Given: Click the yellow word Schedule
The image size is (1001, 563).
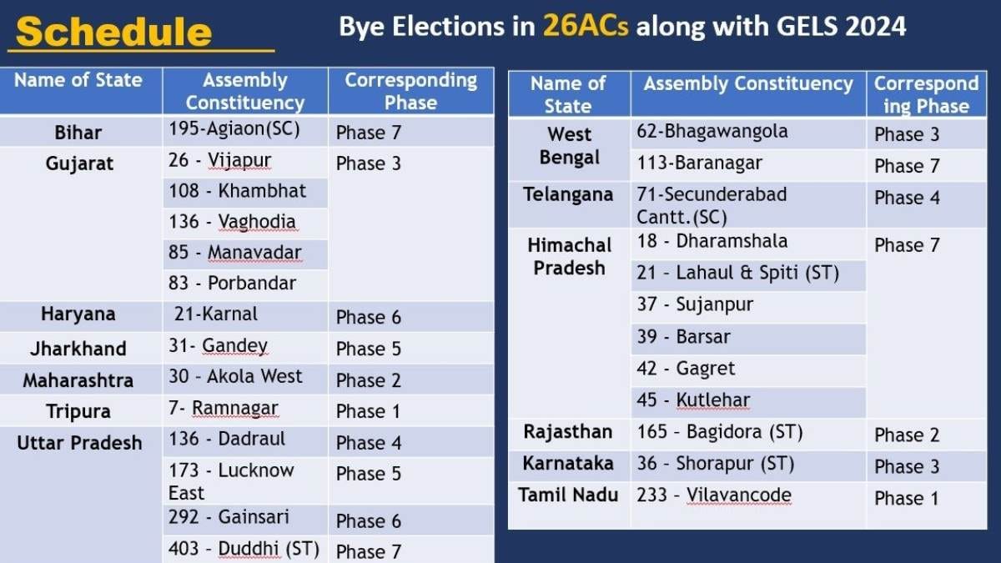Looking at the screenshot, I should pos(113,32).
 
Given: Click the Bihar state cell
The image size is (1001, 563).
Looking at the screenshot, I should pos(78,133).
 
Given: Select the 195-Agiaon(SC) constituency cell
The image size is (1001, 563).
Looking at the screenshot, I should pos(234,129).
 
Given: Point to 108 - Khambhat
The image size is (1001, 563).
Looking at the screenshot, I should pos(238,190).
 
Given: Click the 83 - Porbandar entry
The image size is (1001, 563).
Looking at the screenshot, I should pos(233,283).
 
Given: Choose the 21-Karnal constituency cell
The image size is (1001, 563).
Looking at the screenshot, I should pos(216,314).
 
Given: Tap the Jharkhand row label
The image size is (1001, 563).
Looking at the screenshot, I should pos(78,349).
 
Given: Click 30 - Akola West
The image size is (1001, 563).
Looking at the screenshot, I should pos(236,376).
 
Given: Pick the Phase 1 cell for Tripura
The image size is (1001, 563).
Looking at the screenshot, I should pos(369,411).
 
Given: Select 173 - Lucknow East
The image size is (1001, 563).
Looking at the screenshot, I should pos(231,481).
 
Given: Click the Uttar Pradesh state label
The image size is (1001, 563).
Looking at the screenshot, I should pos(79,443).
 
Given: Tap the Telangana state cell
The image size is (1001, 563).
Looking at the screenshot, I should pos(568,195).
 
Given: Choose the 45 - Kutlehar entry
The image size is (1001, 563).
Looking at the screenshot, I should pos(693,400).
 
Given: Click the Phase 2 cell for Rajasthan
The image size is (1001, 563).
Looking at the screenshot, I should pos(907,435).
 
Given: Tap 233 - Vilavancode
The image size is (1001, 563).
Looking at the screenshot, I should pos(714,495).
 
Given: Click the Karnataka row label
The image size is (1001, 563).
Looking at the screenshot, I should pos(568,464).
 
